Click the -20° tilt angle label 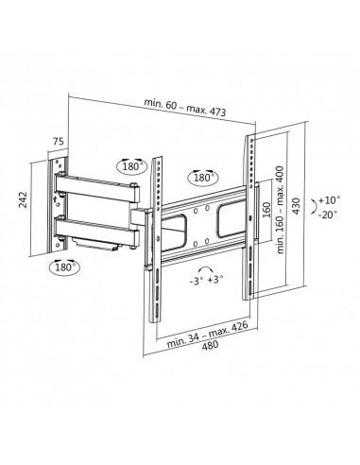tap(327, 215)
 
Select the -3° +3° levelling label tap(207, 280)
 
